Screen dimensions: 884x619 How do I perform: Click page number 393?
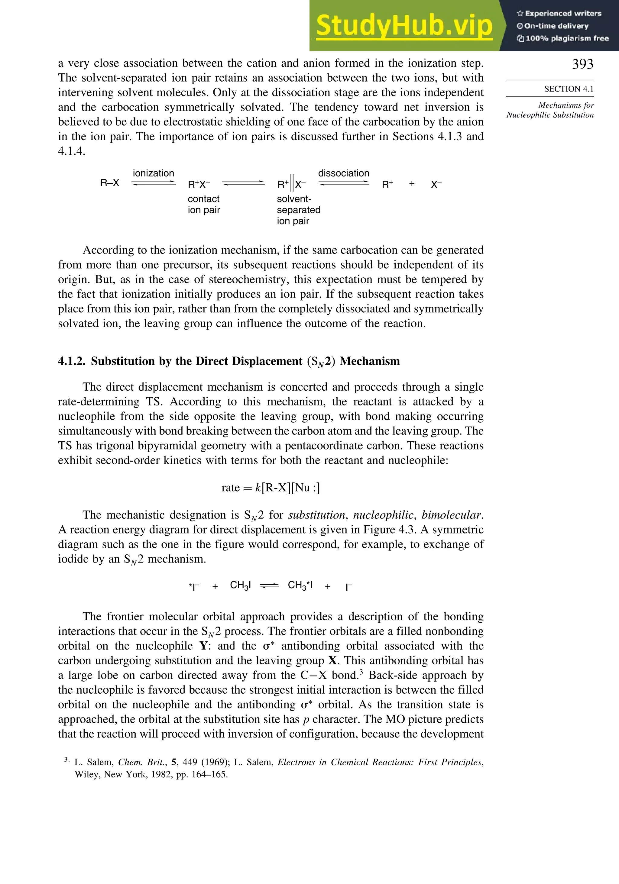[582, 64]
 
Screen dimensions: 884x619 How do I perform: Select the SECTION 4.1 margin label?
[569, 89]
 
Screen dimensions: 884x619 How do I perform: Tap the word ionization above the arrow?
[153, 173]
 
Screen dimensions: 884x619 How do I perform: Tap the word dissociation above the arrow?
[343, 173]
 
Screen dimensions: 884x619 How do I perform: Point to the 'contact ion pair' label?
[204, 205]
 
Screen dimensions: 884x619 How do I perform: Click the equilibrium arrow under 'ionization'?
[153, 184]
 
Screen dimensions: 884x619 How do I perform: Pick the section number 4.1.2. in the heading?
[72, 361]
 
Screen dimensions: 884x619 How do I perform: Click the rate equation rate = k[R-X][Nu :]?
[271, 488]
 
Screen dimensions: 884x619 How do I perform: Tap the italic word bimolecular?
[452, 515]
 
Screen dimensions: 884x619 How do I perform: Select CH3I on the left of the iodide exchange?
[240, 586]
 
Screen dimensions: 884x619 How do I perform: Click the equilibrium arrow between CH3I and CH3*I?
[269, 586]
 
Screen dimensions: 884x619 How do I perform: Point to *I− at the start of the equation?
[194, 586]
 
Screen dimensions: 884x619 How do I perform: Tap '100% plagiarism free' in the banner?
[566, 38]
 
